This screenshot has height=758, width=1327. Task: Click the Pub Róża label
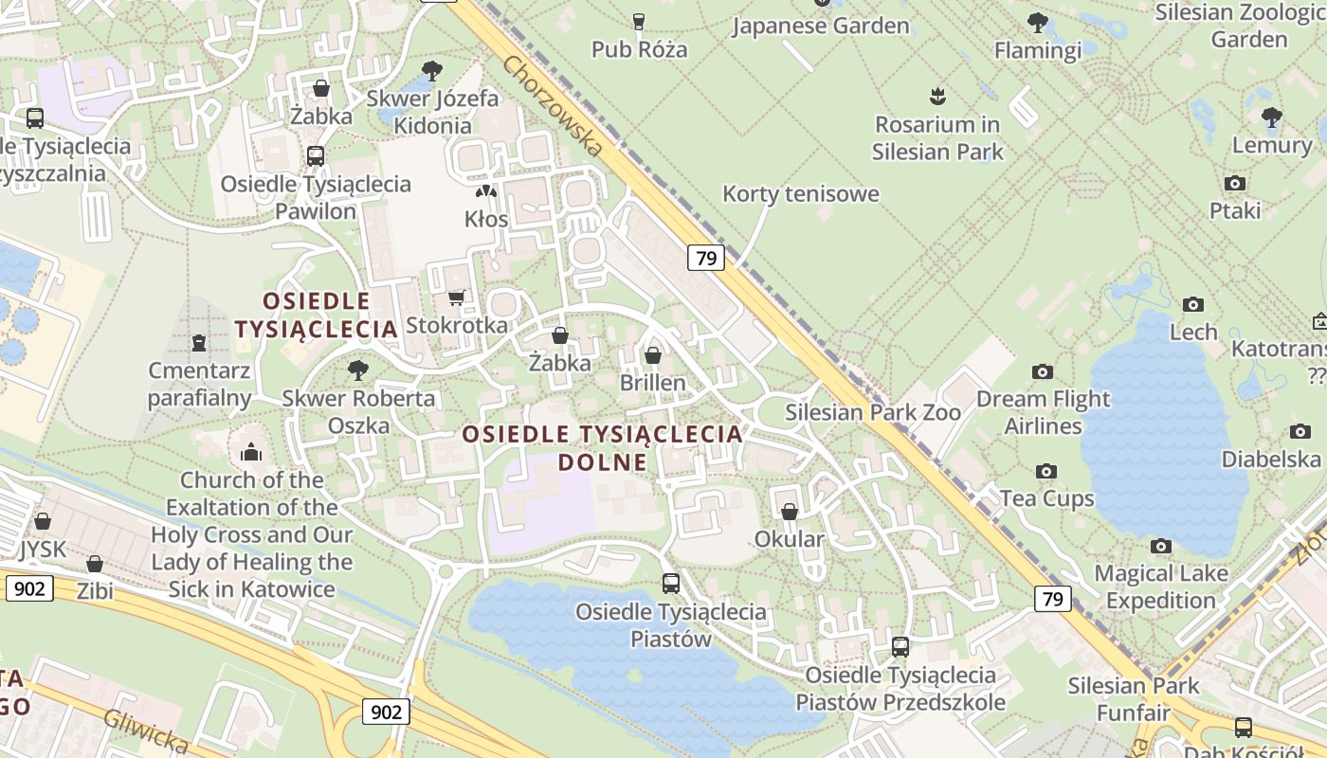(639, 49)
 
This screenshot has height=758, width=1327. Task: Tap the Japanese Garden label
(821, 26)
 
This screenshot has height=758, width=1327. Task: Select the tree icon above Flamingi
(1038, 22)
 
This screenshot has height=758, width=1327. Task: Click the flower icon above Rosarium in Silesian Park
(937, 96)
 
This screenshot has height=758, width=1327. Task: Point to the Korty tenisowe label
(801, 194)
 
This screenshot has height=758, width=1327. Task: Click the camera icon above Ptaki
(1234, 183)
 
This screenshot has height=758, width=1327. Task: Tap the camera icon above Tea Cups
(1046, 471)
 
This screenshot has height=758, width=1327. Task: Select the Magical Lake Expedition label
(1160, 587)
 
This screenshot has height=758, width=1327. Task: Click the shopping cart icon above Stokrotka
(456, 298)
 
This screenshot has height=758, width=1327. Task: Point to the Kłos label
(486, 219)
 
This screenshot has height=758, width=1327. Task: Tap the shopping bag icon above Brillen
(652, 355)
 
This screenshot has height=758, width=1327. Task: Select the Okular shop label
(789, 539)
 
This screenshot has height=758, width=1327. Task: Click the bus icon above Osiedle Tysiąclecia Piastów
(670, 584)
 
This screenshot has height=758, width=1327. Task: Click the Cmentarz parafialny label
(199, 384)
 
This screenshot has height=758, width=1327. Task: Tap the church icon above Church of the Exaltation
(251, 451)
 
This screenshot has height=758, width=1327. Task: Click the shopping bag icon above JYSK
(43, 521)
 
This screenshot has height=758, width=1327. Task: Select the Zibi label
(95, 591)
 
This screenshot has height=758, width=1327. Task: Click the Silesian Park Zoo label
(873, 412)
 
